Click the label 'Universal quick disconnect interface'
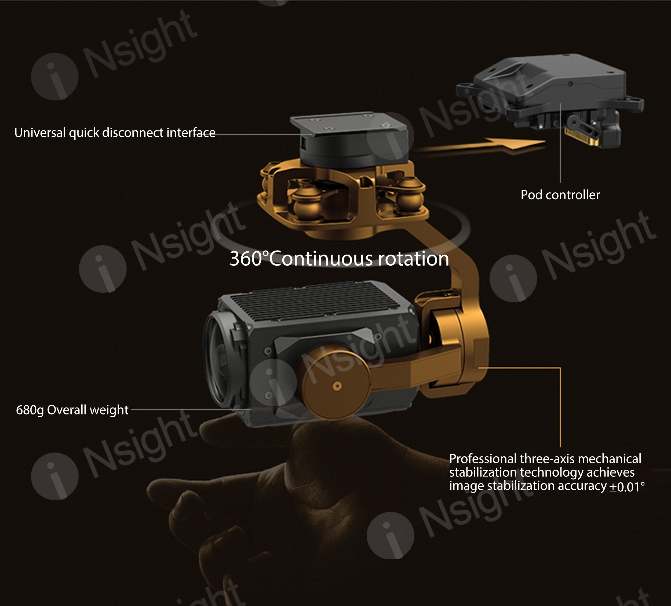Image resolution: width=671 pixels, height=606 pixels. tap(115, 133)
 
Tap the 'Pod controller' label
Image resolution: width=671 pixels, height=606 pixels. tap(560, 195)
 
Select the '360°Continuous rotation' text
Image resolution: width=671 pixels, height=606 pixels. tap(339, 259)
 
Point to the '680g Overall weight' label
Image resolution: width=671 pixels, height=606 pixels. tap(72, 410)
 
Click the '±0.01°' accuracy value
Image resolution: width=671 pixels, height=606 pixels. tap(627, 487)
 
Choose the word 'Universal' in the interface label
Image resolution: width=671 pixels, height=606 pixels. tap(40, 133)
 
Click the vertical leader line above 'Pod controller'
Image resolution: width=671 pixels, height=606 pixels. tap(560, 143)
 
